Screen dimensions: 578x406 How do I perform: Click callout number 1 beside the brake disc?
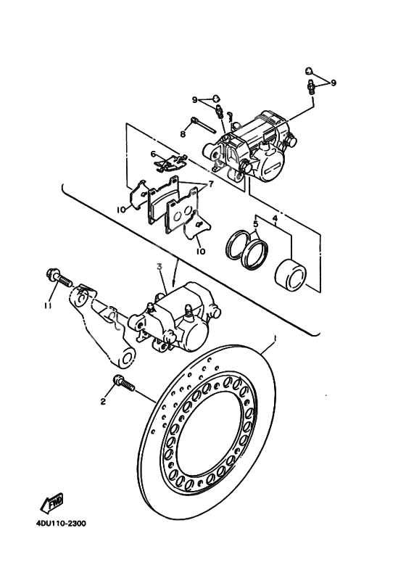point(275,339)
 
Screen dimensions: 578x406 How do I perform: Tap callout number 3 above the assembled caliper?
point(159,268)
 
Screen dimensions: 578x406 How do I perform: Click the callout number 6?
point(154,154)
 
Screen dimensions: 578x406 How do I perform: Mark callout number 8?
point(183,133)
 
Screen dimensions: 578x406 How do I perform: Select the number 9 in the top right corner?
point(333,83)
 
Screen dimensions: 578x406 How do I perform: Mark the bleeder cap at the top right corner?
point(308,72)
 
